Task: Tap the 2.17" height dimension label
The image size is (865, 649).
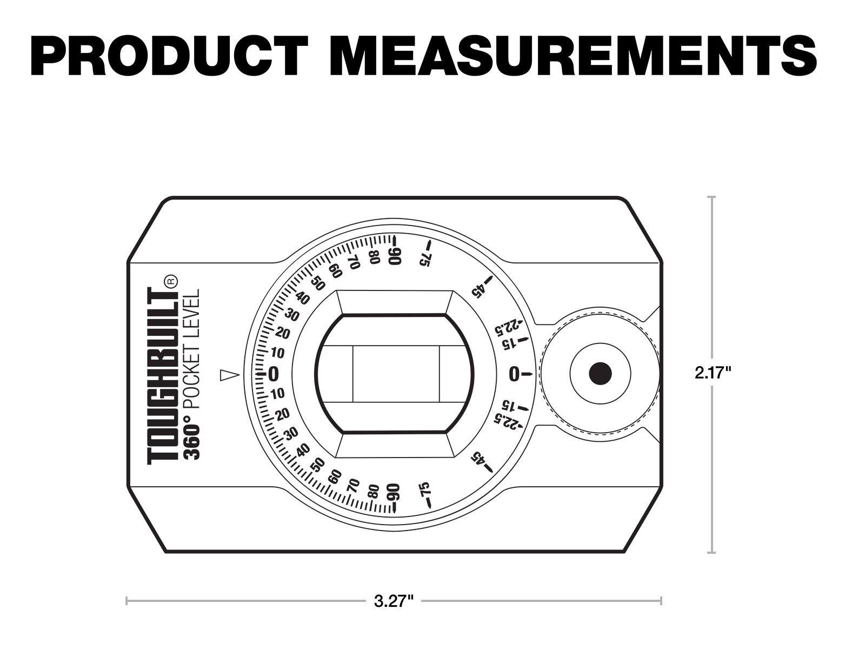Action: point(713,373)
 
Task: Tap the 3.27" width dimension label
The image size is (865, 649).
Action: point(394,601)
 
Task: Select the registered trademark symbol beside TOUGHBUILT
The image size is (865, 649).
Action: point(170,281)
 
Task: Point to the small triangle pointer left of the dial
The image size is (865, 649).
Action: point(229,374)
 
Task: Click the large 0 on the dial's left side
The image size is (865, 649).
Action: point(273,374)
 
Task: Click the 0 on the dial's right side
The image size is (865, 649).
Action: point(514,374)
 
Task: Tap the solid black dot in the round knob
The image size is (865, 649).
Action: point(600,373)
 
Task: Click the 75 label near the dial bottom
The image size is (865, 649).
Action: point(425,489)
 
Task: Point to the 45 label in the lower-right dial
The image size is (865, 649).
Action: point(478,458)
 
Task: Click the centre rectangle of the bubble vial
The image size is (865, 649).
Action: point(396,373)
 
